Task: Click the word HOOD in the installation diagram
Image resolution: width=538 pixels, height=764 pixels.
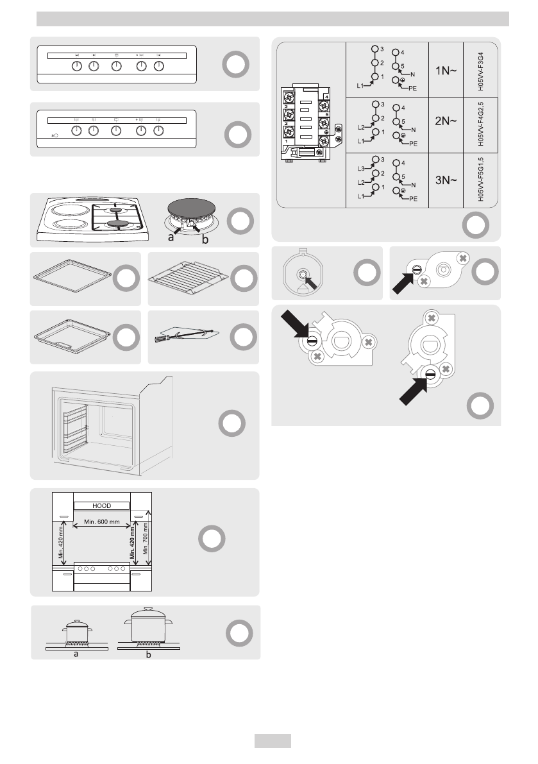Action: click(102, 505)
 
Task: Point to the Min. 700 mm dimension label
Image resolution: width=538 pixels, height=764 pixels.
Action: click(147, 539)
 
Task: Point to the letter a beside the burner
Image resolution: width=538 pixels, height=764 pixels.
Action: click(171, 238)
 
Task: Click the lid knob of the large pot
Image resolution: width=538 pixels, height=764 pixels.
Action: click(149, 607)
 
